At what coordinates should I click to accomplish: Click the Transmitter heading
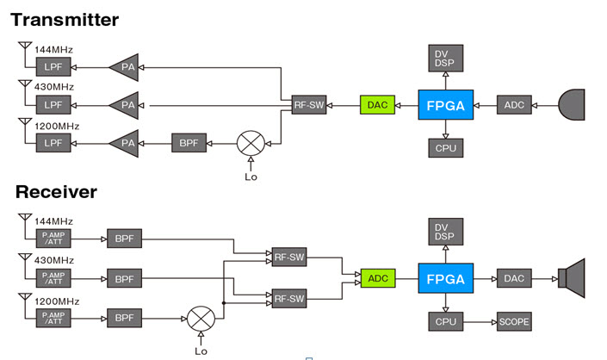coord(65,19)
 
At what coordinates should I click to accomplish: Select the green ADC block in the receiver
coord(378,279)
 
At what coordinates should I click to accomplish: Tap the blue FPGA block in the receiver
coord(445,279)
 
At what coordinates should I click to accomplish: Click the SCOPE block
coord(514,322)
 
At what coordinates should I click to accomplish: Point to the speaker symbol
coord(572,278)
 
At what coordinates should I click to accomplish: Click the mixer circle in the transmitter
coord(251,141)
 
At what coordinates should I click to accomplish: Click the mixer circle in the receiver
coord(201,320)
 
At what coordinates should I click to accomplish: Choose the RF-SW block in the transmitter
coord(307,104)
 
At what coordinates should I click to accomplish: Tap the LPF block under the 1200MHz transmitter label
coord(53,142)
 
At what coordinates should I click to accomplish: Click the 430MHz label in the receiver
coord(53,261)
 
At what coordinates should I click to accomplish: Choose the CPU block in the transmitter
coord(445,147)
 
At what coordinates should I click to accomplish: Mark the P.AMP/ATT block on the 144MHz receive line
coord(53,239)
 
